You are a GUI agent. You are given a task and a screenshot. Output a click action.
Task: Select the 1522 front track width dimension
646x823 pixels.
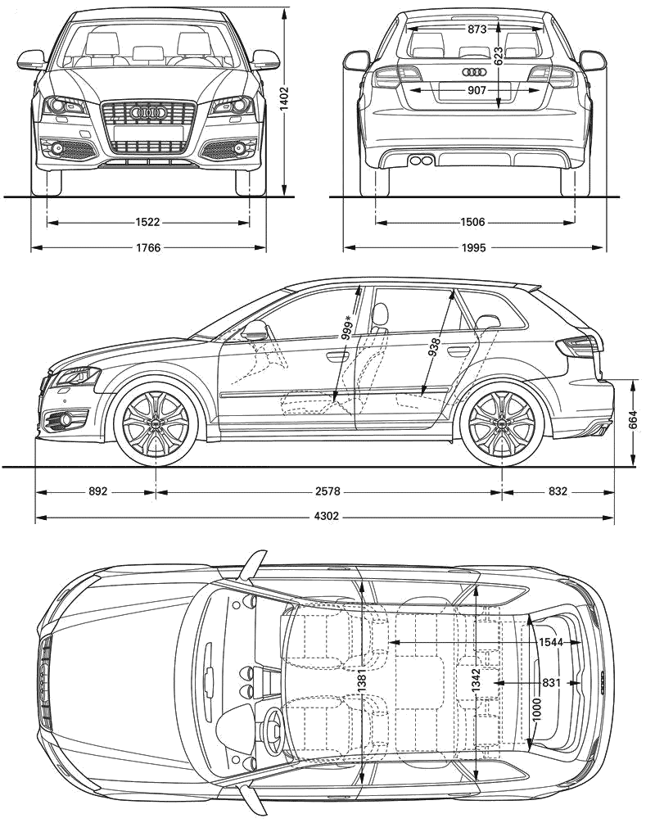tap(147, 223)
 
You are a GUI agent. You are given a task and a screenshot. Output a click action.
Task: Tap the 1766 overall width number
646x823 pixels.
tap(147, 247)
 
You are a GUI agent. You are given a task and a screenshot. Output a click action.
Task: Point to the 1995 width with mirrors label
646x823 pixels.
tap(473, 247)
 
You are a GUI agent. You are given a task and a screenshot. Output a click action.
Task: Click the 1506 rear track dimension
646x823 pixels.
tap(472, 223)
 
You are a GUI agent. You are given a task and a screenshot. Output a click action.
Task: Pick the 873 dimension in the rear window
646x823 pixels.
tap(477, 29)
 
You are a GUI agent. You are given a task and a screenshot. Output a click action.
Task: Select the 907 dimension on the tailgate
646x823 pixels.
tap(477, 91)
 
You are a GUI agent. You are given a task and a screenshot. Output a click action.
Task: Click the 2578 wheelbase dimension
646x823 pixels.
tap(328, 491)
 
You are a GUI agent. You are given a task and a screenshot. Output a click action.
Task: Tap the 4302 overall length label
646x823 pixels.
tap(327, 517)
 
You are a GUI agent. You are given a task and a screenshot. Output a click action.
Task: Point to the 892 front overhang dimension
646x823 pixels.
tap(98, 491)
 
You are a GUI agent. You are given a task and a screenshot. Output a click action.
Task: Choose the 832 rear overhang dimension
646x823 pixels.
tap(558, 491)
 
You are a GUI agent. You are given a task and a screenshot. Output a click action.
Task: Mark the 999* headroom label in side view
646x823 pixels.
tap(347, 329)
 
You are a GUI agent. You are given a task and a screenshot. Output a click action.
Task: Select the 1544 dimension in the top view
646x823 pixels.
tap(550, 642)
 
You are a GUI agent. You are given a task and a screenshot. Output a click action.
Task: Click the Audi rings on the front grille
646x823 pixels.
tap(148, 112)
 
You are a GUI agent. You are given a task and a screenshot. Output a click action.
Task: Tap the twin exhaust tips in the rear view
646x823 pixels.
tap(420, 161)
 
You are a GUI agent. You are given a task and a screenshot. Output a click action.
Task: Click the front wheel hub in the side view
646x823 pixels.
tap(156, 422)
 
